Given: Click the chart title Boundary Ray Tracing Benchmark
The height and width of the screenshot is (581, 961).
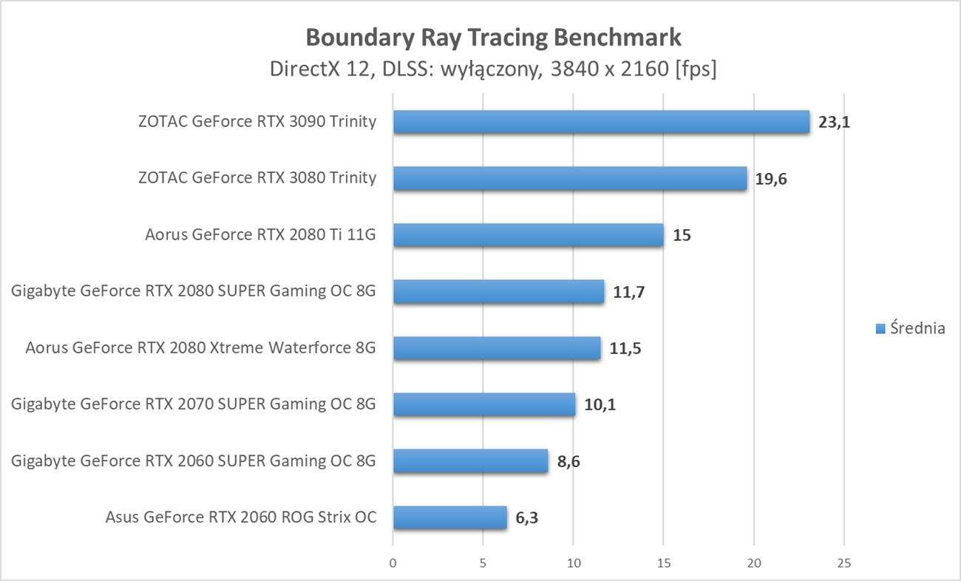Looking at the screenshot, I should point(493,37).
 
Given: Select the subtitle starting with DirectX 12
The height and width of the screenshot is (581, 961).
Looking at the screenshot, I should point(493,69).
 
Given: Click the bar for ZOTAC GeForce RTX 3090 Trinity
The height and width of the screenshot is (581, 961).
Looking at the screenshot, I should point(601,122).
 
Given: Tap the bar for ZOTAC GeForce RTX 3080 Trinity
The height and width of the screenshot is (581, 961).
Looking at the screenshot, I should point(570,178).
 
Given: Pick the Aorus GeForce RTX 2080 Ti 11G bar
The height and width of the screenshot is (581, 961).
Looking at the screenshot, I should point(528,235).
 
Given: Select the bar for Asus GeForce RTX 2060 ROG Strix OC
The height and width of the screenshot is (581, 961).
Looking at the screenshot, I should point(449,517).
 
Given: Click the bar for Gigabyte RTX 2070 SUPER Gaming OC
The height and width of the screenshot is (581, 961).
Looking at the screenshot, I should point(484,404).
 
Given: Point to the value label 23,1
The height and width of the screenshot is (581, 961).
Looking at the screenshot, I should point(834,122).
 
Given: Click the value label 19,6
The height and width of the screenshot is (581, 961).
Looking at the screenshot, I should point(771,179).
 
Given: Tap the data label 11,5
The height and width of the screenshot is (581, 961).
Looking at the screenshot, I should point(625,348).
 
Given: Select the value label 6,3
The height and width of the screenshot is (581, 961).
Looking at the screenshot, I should point(526,517).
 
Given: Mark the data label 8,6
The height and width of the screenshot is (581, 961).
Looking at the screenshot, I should point(568,461).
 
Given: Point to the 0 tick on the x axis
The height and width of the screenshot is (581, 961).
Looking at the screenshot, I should point(393,563).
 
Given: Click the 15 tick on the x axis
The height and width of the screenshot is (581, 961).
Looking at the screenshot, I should point(663,563).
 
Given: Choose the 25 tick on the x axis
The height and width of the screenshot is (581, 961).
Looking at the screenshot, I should point(843,563).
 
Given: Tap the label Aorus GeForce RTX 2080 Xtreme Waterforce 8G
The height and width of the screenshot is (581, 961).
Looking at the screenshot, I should point(200,347).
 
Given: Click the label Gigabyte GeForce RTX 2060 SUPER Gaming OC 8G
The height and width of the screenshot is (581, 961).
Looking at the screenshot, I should point(194,461).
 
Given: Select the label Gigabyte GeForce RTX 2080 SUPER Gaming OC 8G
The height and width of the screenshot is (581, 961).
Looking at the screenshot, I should point(194,291).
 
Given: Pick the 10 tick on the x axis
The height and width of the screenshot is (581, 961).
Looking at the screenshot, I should point(573,563).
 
